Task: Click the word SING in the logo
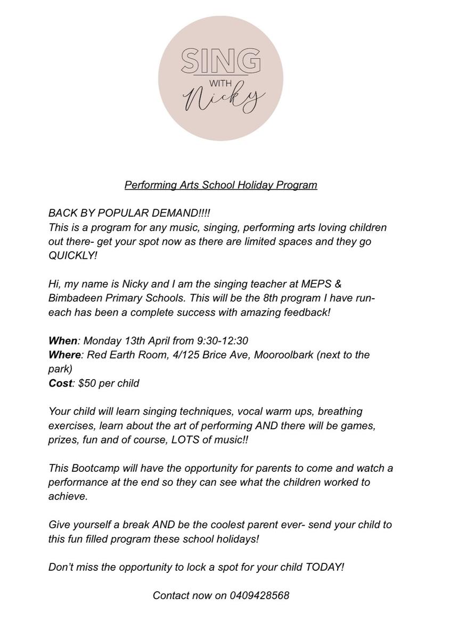tap(221, 61)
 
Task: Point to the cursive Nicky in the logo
tap(224, 100)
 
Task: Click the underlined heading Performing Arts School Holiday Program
tap(221, 185)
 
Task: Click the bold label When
tap(63, 340)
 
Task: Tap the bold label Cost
tap(60, 383)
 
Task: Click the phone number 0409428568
tap(260, 595)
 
